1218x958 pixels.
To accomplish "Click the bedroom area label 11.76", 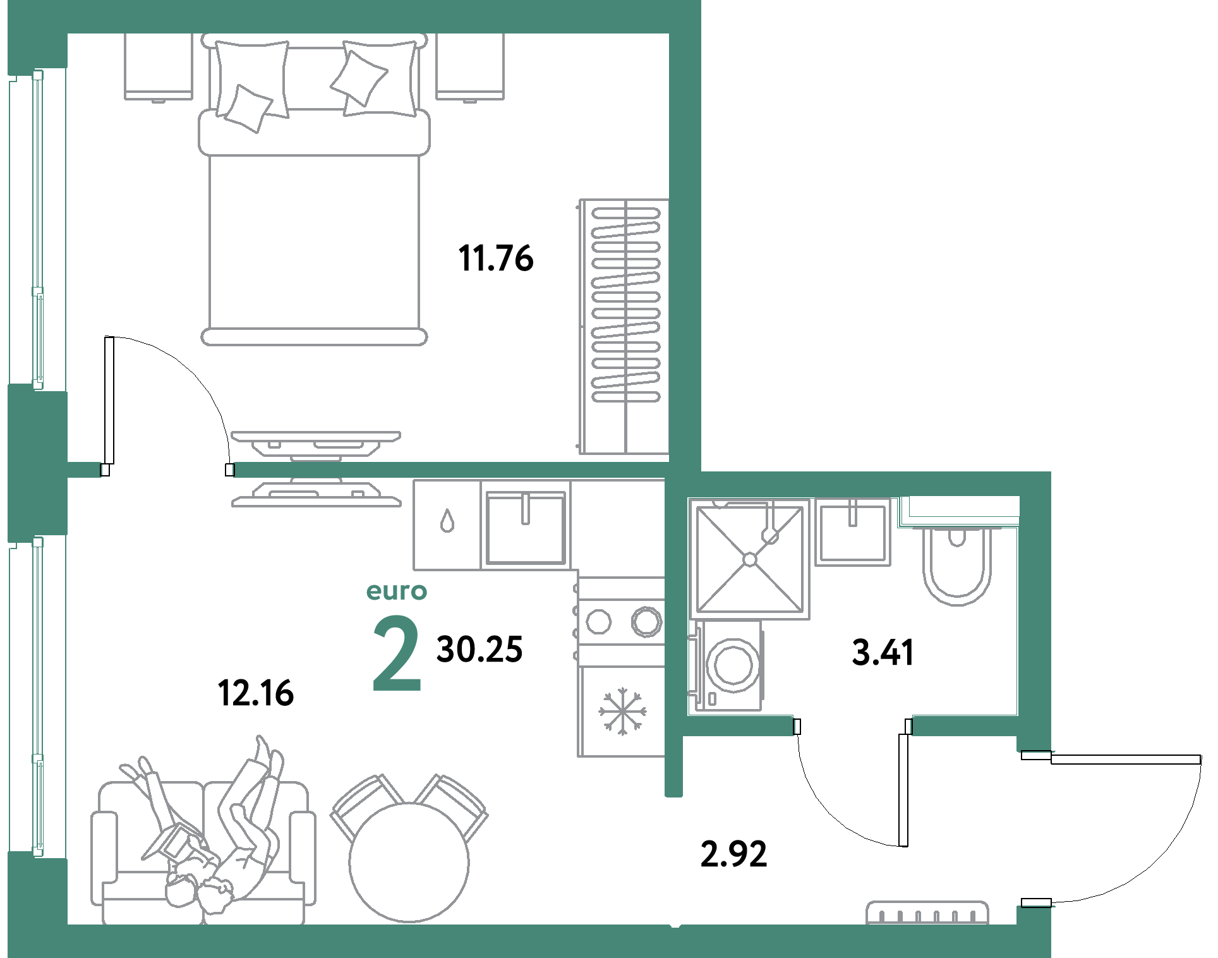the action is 496,258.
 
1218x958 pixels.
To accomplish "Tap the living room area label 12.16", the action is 256,693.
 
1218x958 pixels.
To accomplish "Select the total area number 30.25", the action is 479,650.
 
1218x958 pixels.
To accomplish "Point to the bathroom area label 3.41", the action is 883,652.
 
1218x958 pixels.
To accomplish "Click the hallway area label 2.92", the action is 733,854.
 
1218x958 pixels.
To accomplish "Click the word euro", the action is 397,591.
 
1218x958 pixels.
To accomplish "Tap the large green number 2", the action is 397,653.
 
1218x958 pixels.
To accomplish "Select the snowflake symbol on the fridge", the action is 622,712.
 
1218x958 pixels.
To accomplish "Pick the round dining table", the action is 409,863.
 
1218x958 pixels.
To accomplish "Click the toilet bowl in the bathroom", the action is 956,566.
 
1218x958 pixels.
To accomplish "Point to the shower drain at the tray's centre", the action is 750,559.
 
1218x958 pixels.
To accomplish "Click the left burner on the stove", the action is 599,621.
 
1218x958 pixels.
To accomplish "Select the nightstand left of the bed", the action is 159,67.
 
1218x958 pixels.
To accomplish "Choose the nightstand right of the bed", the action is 470,67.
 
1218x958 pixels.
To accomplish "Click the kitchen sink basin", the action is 526,528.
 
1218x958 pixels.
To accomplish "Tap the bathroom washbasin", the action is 853,531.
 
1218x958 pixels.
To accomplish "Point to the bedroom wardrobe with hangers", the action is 624,327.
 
